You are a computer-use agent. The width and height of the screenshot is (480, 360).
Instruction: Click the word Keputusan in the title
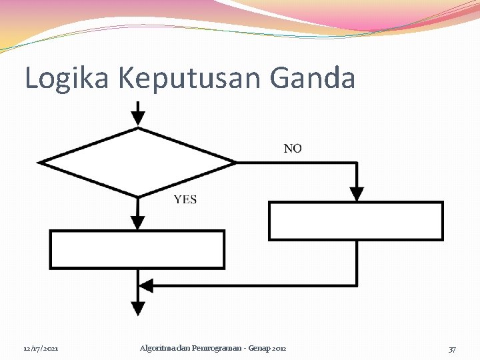(190, 79)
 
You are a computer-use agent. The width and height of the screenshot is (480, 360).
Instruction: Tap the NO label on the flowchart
(293, 148)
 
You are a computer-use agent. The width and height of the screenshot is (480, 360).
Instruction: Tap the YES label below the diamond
(185, 199)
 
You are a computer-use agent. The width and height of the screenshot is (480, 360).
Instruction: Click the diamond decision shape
(138, 162)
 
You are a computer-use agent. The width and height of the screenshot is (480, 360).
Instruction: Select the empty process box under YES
(137, 249)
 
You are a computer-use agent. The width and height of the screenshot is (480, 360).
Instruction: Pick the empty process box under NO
(355, 221)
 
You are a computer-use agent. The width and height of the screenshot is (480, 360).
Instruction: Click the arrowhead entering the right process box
(357, 193)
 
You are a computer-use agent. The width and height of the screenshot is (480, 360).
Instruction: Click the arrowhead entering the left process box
(138, 222)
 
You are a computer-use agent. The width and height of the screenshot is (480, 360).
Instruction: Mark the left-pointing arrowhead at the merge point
(146, 285)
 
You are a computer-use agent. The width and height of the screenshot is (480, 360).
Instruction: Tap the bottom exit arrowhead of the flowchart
(138, 308)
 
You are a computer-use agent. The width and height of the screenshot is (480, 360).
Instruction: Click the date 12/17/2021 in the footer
(41, 349)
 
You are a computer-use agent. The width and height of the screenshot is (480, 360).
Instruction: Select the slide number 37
(452, 349)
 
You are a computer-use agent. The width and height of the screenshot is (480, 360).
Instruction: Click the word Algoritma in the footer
(156, 348)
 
